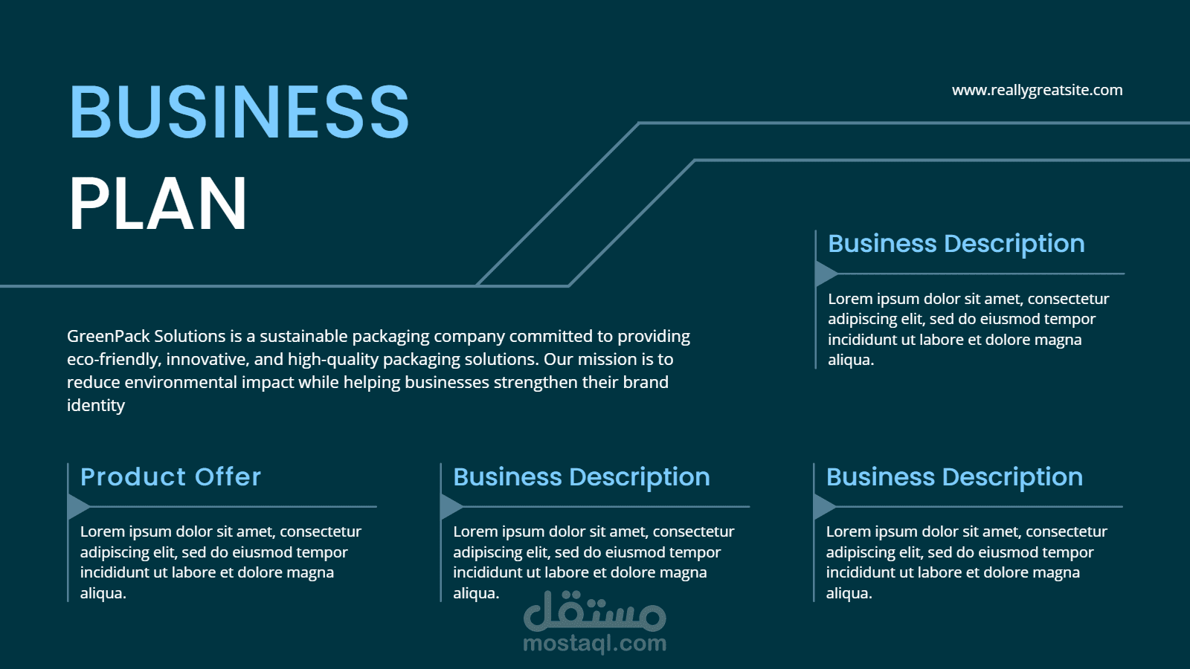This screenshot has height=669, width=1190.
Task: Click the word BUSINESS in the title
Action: (x=239, y=112)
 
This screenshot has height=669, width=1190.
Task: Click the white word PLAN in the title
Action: (x=158, y=204)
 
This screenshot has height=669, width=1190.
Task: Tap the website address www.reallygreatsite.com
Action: (x=1037, y=90)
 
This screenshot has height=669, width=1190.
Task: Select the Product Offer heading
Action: (x=170, y=476)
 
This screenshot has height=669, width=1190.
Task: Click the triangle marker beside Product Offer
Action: (x=77, y=506)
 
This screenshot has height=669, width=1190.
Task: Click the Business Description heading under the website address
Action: (x=956, y=243)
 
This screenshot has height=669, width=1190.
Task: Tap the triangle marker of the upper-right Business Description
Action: (x=825, y=274)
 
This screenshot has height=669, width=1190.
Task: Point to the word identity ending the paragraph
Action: (x=96, y=405)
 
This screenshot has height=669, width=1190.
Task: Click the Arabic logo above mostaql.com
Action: (x=594, y=612)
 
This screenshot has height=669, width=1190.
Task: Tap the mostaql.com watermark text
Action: (x=594, y=643)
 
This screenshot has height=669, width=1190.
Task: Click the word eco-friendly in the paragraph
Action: (x=112, y=359)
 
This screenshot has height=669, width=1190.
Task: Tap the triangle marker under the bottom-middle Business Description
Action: (x=451, y=506)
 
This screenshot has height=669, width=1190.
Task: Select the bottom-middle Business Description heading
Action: (x=581, y=476)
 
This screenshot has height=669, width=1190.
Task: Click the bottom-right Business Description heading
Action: (x=954, y=476)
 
